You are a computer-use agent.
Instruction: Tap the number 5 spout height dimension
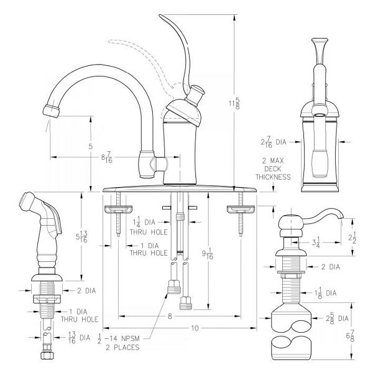point(91,147)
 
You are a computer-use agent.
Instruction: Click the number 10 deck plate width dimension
point(194,327)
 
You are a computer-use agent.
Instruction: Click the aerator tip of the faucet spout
point(52,110)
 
